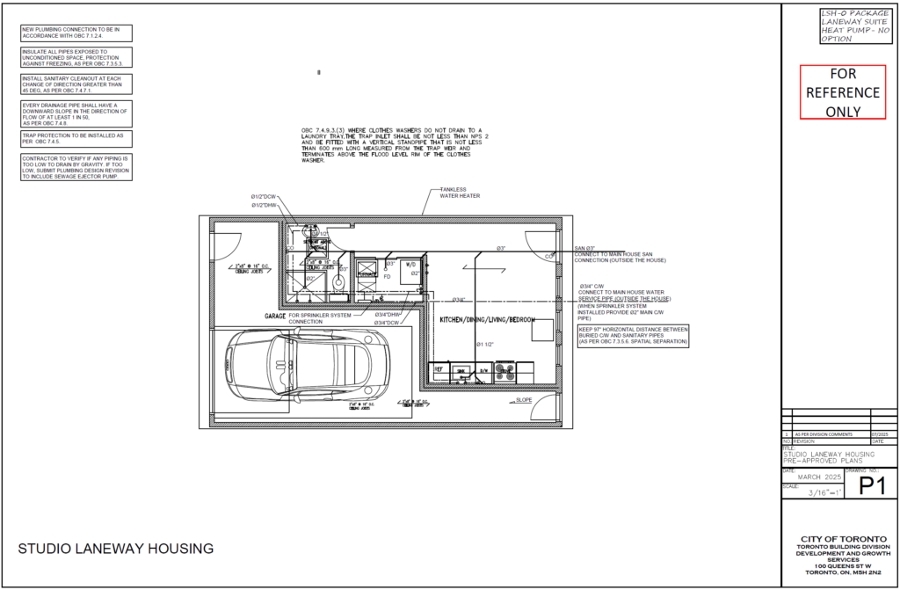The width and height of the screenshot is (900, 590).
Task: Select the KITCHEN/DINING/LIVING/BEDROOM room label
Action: [487, 320]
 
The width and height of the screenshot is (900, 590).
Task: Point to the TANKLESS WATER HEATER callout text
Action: [460, 193]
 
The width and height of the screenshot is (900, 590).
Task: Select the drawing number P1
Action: [869, 485]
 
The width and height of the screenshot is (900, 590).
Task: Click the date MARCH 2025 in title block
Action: [813, 477]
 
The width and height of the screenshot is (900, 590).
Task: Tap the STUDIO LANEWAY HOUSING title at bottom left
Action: [116, 549]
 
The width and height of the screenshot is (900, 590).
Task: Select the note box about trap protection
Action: [76, 139]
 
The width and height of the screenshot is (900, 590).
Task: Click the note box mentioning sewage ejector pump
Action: [76, 167]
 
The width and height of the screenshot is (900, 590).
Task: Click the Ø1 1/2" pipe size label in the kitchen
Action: [485, 344]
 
